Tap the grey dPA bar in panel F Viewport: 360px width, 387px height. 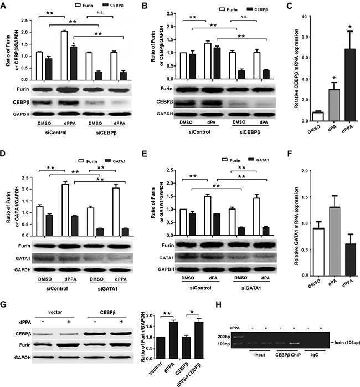point(334,241)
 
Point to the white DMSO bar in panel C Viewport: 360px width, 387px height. point(318,117)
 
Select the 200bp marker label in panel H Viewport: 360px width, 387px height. point(224,337)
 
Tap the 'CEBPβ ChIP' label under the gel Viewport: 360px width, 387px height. point(288,355)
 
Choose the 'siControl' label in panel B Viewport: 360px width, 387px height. point(199,132)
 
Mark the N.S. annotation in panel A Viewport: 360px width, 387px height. point(100,13)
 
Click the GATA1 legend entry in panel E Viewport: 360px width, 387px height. point(259,160)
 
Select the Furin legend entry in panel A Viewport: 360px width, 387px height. point(84,5)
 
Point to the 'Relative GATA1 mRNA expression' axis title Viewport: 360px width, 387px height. point(297,226)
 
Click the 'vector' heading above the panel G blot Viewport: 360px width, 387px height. point(55,312)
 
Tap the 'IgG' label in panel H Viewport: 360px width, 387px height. point(315,355)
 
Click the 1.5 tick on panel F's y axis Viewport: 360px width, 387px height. point(304,197)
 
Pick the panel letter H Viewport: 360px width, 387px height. point(218,304)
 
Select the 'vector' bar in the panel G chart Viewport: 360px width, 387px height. point(161,348)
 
